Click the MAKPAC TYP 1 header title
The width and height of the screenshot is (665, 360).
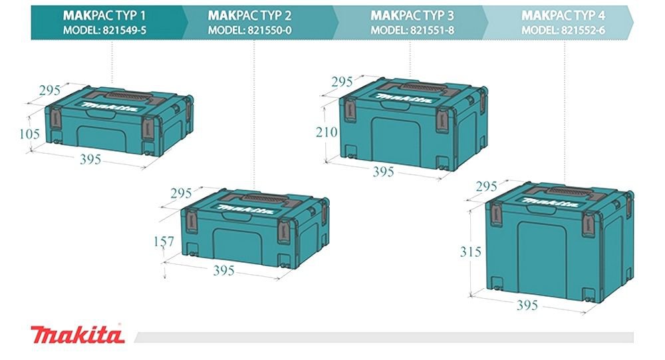tap(104, 16)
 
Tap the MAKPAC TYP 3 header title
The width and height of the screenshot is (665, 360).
tap(412, 16)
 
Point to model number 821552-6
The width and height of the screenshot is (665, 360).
tap(583, 30)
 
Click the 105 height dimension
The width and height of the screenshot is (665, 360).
tap(30, 134)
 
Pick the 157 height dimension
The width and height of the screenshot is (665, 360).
tap(164, 242)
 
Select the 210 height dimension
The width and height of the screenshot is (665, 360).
tap(327, 132)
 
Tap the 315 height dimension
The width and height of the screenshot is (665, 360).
tap(471, 252)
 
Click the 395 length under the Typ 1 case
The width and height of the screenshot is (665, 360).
tap(90, 160)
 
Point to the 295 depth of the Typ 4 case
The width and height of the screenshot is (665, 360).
tap(487, 186)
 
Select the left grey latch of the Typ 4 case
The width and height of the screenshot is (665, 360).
tap(496, 215)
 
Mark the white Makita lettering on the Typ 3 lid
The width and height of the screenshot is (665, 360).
tap(404, 98)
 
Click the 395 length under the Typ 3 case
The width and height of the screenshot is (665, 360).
tap(384, 172)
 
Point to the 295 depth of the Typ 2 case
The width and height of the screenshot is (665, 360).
tap(181, 194)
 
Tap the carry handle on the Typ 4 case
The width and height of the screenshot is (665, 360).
tap(573, 190)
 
